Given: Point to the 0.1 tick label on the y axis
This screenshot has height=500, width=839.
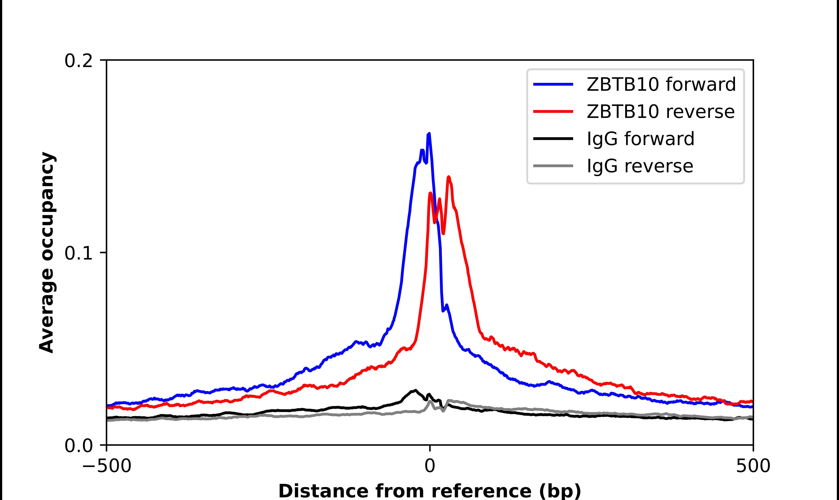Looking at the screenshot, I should (x=78, y=253).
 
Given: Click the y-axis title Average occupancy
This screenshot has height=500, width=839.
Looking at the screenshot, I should (x=46, y=252).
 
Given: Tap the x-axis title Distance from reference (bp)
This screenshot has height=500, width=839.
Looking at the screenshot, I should (x=429, y=491).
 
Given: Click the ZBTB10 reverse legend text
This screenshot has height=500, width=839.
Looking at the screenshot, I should (x=660, y=112).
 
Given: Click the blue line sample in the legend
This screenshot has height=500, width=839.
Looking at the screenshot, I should (x=553, y=84).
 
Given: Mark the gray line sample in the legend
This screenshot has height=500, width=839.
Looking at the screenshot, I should (x=553, y=166).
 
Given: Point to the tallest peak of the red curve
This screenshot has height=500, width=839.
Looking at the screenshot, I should (x=448, y=177).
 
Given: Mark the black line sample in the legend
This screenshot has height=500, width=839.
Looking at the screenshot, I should (x=553, y=138).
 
